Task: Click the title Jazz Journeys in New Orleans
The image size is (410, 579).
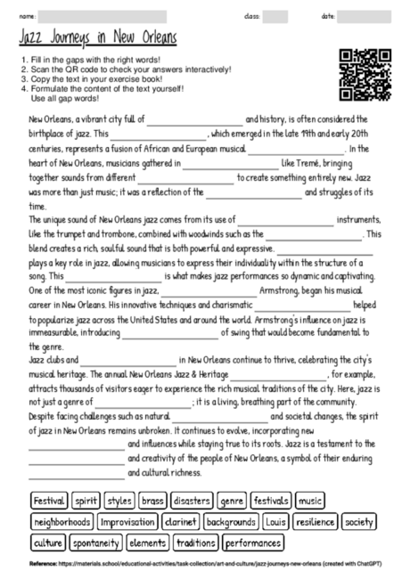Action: pos(97,39)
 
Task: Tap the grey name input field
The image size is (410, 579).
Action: pos(102,15)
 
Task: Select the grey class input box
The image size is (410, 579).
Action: pos(275,15)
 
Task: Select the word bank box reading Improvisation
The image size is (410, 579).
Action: pos(127,521)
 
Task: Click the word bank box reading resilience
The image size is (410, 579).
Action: pos(316,521)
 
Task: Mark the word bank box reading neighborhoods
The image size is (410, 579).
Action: pos(61,521)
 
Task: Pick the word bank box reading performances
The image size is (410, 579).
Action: pos(254,542)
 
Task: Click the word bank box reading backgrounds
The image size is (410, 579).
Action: pos(229,521)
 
